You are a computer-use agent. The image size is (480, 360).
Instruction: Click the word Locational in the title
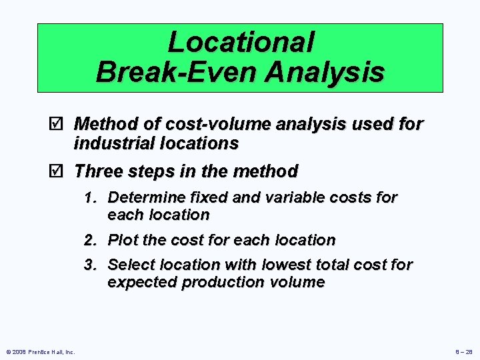click(x=240, y=42)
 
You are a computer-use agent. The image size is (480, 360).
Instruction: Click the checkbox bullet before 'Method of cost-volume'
click(x=58, y=124)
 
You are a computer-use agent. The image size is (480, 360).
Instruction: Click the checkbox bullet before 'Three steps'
click(x=58, y=171)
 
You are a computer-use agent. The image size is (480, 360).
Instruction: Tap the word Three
click(x=97, y=171)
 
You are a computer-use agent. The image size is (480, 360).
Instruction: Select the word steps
click(x=149, y=171)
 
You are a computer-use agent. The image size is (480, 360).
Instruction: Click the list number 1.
click(x=89, y=198)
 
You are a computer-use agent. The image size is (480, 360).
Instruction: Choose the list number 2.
click(x=89, y=240)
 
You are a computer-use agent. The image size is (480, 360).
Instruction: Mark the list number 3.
click(x=89, y=265)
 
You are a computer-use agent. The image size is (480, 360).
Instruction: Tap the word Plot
click(x=121, y=240)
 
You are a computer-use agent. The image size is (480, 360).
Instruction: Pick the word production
click(x=216, y=283)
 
